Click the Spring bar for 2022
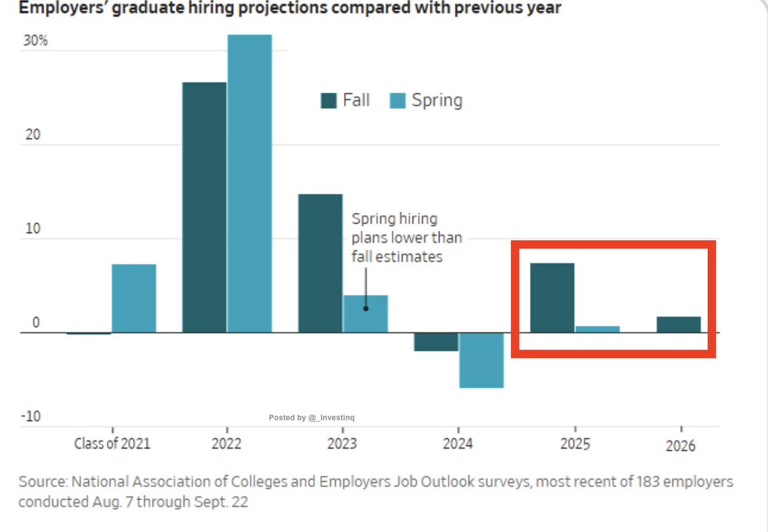249,183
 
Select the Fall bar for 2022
204,207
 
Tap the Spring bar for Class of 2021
134,298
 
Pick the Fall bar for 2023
320,262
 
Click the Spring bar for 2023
365,314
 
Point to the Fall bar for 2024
436,342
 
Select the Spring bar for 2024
481,360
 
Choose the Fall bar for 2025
552,298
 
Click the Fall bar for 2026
678,325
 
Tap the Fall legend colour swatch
329,101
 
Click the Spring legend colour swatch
398,101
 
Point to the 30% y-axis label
35,42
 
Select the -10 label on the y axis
31,417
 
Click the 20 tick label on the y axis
32,135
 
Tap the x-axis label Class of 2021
112,444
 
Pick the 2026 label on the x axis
680,446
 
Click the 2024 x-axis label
458,444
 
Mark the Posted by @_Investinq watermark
312,417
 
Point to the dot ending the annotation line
366,308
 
